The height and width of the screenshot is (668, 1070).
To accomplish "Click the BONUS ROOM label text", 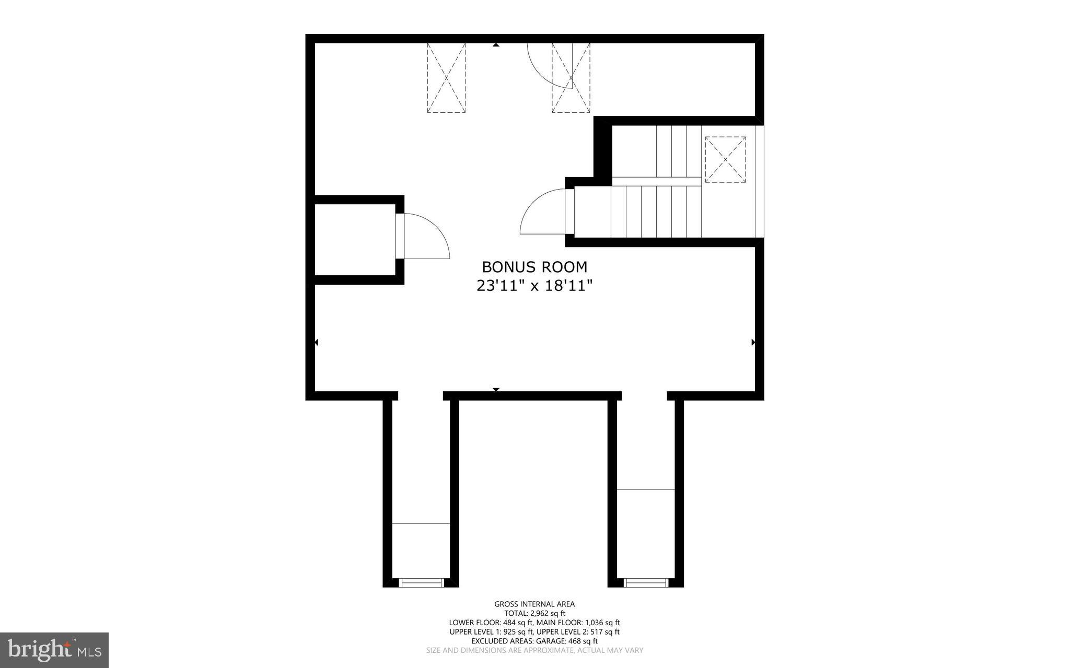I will pos(534,267).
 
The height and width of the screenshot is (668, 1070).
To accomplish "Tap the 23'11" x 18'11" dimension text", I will pos(534,286).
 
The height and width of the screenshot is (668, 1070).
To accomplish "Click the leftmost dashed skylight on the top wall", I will pos(446,78).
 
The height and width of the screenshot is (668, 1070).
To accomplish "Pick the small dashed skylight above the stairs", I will pos(725,159).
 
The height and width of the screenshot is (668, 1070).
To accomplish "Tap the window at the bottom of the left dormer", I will pos(421,582).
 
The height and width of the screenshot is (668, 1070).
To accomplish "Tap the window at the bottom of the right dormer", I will pos(646,582).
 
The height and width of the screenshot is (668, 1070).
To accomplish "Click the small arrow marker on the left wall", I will pos(316,342).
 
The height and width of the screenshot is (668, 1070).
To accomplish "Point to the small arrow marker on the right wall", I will pos(753,342).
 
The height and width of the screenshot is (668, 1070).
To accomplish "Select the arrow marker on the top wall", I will pos(496,45).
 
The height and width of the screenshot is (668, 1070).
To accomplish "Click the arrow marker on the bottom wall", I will pos(496,390).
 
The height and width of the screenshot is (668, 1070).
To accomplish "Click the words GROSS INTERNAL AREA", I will pos(534,604).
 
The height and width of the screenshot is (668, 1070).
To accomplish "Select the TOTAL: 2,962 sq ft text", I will pos(534,614).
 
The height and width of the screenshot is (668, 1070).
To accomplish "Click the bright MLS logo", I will pos(54,650).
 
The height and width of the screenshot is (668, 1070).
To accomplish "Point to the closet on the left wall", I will pos(355,239).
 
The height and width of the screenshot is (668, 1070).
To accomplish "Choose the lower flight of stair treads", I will pos(656,212).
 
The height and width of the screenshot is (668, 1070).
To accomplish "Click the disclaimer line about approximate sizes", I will pos(534,650).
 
